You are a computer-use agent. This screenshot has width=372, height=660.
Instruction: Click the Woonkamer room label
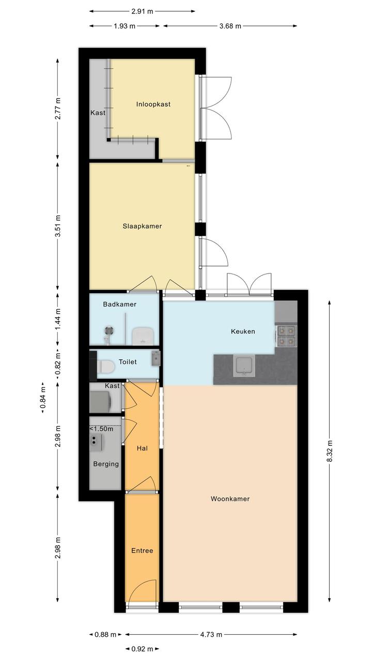pyautogui.click(x=230, y=499)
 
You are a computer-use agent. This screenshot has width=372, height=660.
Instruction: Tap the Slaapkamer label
pyautogui.click(x=142, y=226)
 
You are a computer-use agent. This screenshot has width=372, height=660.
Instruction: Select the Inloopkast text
pyautogui.click(x=153, y=104)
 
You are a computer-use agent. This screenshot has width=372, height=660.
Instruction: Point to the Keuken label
pyautogui.click(x=243, y=331)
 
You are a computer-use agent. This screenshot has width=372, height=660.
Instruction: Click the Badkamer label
pyautogui.click(x=119, y=304)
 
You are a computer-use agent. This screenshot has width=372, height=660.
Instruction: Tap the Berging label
pyautogui.click(x=106, y=464)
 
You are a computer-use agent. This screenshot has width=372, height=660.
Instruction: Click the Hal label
pyautogui.click(x=142, y=448)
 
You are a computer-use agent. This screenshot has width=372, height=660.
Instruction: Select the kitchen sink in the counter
pyautogui.click(x=244, y=366)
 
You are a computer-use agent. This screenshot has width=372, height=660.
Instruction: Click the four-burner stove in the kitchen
pyautogui.click(x=286, y=336)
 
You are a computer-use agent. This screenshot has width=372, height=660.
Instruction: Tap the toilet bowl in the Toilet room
pyautogui.click(x=105, y=367)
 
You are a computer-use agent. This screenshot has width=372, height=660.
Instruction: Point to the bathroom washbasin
pyautogui.click(x=142, y=336)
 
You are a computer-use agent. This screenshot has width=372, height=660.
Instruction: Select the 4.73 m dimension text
pyautogui.click(x=211, y=632)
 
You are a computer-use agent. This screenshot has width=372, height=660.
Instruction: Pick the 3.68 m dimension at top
pyautogui.click(x=230, y=26)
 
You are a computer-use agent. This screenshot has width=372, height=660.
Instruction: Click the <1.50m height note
pyautogui.click(x=101, y=429)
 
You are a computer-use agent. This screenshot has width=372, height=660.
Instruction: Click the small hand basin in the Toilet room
pyautogui.click(x=156, y=358)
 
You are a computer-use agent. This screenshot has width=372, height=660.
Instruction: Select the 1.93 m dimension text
pyautogui.click(x=125, y=26)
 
